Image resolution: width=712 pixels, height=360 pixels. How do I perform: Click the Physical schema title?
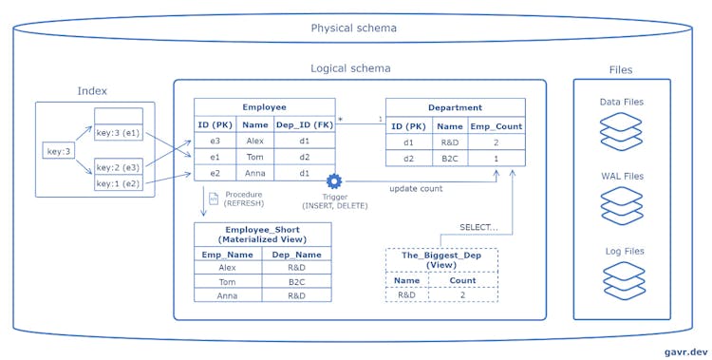[x=354, y=28]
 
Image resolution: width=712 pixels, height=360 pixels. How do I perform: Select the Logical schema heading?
[x=350, y=68]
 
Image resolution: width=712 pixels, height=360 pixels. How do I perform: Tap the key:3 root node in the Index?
[x=57, y=151]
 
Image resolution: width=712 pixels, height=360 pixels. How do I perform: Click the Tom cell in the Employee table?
[x=254, y=157]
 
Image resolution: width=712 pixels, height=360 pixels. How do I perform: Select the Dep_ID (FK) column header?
[x=304, y=123]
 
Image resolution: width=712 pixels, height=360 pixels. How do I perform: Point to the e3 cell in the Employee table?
[x=215, y=140]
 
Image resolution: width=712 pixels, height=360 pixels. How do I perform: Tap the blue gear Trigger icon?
[x=333, y=181]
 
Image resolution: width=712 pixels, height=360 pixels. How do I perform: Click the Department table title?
[x=455, y=107]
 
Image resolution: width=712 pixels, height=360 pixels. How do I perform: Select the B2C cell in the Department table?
[x=449, y=158]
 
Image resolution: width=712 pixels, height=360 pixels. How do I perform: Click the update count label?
[x=418, y=188]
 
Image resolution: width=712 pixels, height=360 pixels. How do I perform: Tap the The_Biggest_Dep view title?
[x=441, y=260]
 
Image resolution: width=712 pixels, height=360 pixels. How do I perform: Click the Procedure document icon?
[x=214, y=199]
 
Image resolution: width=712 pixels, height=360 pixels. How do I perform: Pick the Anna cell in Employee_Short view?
[x=228, y=294]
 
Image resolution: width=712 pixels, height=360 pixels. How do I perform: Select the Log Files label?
[x=622, y=251]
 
